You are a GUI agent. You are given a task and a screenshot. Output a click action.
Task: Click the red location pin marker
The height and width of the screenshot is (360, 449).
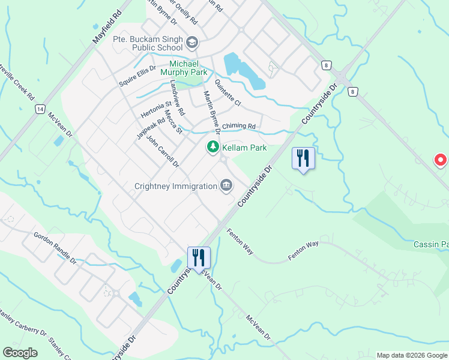click(440, 160)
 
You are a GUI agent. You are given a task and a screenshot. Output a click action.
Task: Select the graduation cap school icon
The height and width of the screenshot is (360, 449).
click(191, 42)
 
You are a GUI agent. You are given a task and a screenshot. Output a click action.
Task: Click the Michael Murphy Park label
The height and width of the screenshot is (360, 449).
click(188, 68)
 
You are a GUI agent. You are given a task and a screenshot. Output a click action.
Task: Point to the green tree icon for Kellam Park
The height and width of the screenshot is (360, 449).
click(212, 147)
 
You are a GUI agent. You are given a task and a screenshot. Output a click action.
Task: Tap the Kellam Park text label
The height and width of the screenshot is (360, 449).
click(244, 148)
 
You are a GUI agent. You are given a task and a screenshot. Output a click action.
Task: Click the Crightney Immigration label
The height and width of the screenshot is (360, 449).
click(175, 186)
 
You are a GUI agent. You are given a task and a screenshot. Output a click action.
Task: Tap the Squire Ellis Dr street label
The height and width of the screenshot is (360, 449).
click(137, 76)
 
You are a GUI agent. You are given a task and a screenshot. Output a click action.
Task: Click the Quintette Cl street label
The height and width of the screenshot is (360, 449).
click(228, 94)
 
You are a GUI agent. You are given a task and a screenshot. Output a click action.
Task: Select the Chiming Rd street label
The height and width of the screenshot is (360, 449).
click(239, 127)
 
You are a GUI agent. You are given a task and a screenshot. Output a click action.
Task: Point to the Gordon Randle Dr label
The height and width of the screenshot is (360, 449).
click(55, 248)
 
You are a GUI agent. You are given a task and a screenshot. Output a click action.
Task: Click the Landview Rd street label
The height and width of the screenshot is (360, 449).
click(178, 98)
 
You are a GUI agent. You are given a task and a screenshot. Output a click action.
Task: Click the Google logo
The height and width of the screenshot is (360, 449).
click(20, 353)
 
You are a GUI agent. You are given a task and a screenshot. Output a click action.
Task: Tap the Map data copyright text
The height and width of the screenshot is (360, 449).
click(411, 355)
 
